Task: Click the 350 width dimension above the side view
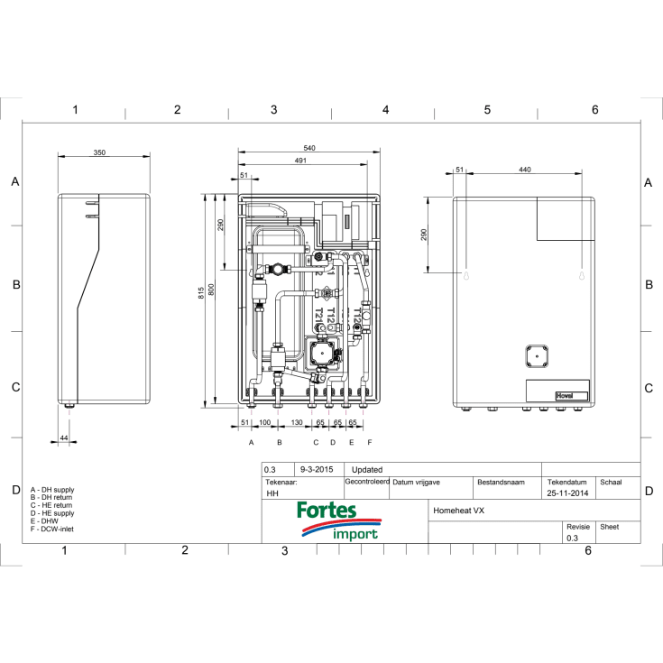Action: coord(99,153)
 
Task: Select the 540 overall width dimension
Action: coord(309,147)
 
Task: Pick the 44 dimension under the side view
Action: coord(63,437)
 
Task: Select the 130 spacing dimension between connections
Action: coord(297,422)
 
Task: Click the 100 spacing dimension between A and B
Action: coord(265,422)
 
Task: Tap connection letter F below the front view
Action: coord(369,443)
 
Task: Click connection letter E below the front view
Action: coord(351,443)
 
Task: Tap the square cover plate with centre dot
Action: coord(536,355)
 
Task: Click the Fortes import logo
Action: coord(338,522)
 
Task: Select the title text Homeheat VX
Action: coord(460,511)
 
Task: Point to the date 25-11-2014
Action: coord(566,494)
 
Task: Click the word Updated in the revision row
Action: coord(367,470)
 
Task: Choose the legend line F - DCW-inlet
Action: coord(52,529)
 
